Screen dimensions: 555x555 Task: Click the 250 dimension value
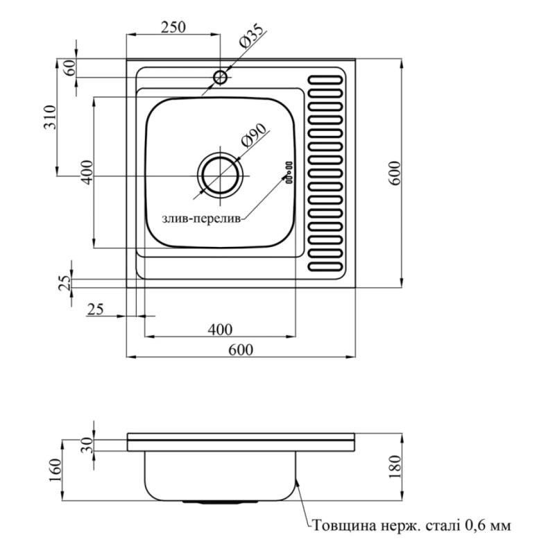(x=173, y=28)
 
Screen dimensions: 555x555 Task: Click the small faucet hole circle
(x=221, y=76)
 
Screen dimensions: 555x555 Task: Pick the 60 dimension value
(x=68, y=68)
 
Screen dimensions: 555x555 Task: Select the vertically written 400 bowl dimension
(x=86, y=172)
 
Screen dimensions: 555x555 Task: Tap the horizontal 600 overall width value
(x=240, y=350)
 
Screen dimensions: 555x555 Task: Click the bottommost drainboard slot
(x=326, y=266)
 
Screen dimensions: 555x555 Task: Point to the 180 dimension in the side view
(x=394, y=466)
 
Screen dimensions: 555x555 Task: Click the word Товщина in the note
(x=344, y=525)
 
